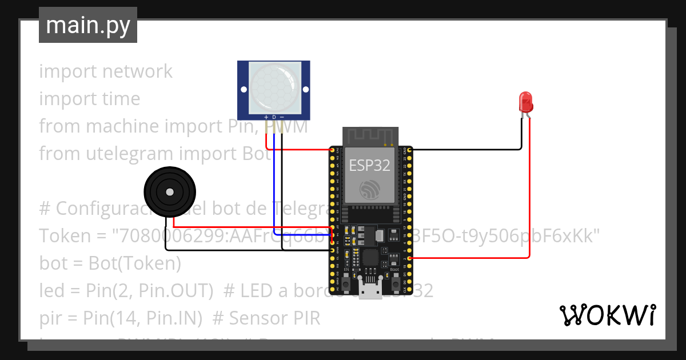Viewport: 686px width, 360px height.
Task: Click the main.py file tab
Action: (x=88, y=25)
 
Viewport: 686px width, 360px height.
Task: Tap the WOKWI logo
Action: (x=607, y=315)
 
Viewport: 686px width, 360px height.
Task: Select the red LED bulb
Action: (x=525, y=102)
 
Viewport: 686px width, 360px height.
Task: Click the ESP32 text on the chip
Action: (x=370, y=166)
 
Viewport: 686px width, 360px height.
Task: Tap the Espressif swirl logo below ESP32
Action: (x=369, y=190)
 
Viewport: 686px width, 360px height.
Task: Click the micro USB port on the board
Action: (x=370, y=291)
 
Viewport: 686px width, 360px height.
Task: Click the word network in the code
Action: (x=137, y=71)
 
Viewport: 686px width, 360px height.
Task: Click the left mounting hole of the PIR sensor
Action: (x=244, y=90)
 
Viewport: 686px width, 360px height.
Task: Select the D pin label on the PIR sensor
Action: (x=274, y=117)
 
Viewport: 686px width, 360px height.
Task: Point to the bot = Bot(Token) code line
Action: (x=110, y=263)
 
